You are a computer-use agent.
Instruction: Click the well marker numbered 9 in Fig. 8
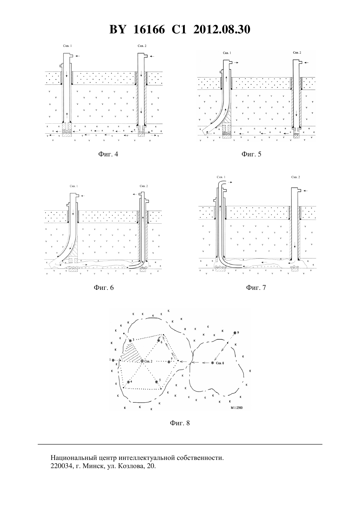click(x=235, y=333)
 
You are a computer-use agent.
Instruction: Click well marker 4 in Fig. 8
click(x=128, y=382)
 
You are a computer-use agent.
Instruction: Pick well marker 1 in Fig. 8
click(x=113, y=360)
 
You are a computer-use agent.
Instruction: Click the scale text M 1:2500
click(x=237, y=408)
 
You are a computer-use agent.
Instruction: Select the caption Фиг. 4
click(x=108, y=154)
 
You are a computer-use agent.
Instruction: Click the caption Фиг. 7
click(x=256, y=288)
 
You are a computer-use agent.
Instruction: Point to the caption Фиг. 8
click(x=180, y=423)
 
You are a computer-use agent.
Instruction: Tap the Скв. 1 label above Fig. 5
click(x=227, y=53)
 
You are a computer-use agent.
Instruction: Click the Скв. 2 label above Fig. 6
click(x=144, y=186)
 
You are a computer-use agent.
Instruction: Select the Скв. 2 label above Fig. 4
click(x=142, y=46)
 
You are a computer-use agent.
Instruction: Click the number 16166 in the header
click(x=149, y=29)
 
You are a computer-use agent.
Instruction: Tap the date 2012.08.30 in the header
click(x=222, y=29)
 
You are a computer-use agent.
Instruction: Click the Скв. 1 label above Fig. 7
click(x=221, y=177)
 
